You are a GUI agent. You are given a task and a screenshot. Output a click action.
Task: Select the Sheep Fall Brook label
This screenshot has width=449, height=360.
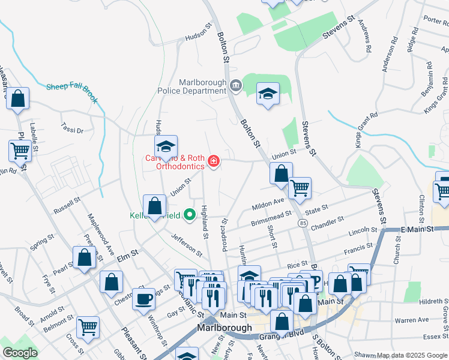click(x=71, y=91)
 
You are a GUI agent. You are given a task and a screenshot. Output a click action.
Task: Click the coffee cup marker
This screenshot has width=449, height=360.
click(x=144, y=298)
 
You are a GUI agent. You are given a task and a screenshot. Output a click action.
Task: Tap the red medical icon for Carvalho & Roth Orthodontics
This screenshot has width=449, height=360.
click(x=213, y=161)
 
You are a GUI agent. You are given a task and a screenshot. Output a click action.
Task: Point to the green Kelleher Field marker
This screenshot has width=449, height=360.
click(x=190, y=214)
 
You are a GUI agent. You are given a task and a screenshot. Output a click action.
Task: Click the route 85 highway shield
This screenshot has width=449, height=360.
click(x=303, y=223)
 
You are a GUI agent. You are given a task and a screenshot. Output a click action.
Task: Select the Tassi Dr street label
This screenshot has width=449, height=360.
click(x=72, y=128)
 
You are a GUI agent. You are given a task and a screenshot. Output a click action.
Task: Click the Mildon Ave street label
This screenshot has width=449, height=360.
click(x=268, y=204)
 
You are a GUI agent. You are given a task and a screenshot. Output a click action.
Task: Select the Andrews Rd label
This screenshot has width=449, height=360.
click(x=365, y=35)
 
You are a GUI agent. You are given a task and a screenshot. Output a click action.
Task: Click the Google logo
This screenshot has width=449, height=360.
click(x=20, y=352)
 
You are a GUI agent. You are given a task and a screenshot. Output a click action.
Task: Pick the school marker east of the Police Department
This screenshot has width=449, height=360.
click(x=268, y=94)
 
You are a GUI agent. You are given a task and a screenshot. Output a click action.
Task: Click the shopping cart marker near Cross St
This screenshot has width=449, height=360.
click(x=88, y=327)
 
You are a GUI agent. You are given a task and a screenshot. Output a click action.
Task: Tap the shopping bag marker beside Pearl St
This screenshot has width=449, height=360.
click(x=85, y=258)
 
